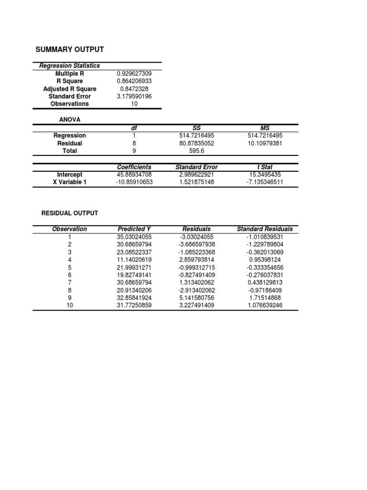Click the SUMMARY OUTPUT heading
(x=70, y=49)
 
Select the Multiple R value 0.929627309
(x=134, y=74)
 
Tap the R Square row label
(x=70, y=81)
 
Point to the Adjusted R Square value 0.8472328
(x=134, y=89)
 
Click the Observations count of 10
(x=134, y=104)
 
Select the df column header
(x=134, y=128)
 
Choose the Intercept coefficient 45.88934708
(x=134, y=175)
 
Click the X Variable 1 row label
(x=70, y=182)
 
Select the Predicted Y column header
(x=134, y=229)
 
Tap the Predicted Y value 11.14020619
(x=134, y=259)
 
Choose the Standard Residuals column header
(x=265, y=229)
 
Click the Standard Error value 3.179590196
(x=134, y=96)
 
